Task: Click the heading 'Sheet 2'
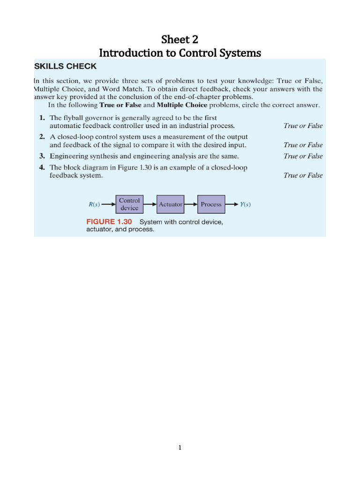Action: [180, 39]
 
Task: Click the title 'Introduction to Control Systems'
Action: [180, 53]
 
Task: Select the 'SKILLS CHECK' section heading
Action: [66, 67]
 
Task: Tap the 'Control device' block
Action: [129, 204]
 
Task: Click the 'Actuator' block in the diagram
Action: [171, 204]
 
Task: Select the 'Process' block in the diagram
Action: [211, 204]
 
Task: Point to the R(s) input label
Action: [94, 204]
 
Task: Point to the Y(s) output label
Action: [245, 204]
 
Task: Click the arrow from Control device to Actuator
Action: [150, 204]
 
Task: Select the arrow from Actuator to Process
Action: [191, 204]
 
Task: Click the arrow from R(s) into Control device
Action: [108, 204]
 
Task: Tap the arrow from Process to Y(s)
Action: [232, 204]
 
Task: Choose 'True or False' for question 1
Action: [303, 126]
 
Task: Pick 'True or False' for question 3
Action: [303, 156]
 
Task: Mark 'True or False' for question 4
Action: [303, 175]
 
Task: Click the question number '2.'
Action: [42, 137]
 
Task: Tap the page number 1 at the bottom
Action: [180, 448]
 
